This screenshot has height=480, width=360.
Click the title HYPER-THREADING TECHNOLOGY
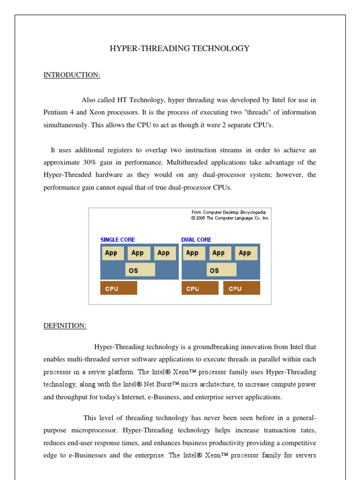[180, 48]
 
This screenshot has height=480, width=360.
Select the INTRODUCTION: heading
[72, 75]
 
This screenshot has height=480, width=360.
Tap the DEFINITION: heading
[65, 326]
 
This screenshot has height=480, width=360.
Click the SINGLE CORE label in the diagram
[118, 240]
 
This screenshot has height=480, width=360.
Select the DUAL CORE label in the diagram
[196, 240]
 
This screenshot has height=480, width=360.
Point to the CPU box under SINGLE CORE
[119, 288]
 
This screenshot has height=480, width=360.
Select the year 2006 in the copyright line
[200, 218]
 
